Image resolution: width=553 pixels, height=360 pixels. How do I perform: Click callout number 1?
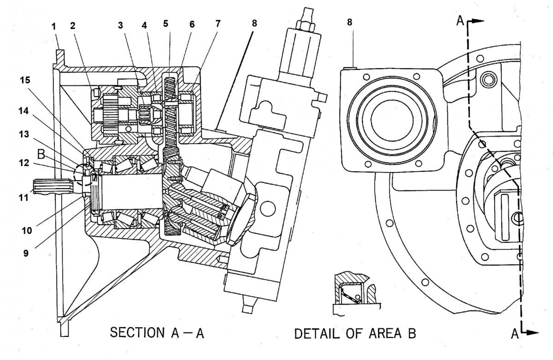point(54,26)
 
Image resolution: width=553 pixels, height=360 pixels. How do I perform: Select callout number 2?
point(72,26)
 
